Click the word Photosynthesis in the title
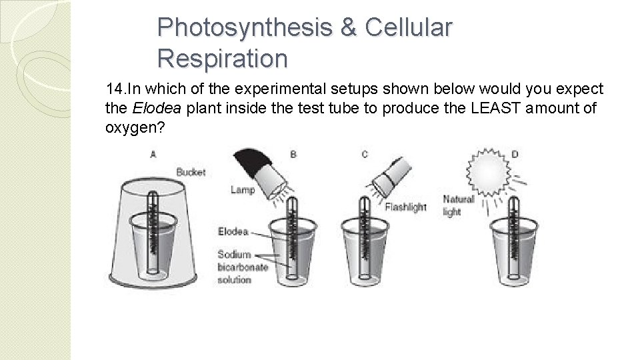[x=245, y=28]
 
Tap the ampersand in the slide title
[x=348, y=27]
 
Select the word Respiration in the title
[x=223, y=59]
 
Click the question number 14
[x=116, y=88]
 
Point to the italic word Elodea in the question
[x=156, y=108]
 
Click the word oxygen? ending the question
[x=135, y=128]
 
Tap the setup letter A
[x=153, y=154]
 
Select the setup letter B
[x=293, y=154]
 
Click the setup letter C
[x=365, y=154]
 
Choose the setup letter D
[x=515, y=154]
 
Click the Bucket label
[x=191, y=172]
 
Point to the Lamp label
[x=243, y=190]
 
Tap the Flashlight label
[x=405, y=207]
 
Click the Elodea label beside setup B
[x=233, y=231]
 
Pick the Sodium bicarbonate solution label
[x=243, y=267]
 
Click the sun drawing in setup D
[x=489, y=171]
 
